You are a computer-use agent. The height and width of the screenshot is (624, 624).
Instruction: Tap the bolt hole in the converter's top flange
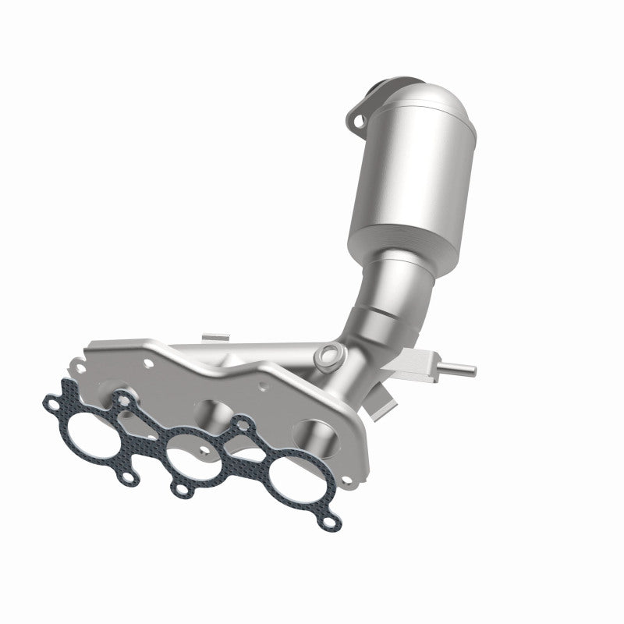[x=358, y=121]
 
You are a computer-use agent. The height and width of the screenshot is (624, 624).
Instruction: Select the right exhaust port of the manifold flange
[x=316, y=433]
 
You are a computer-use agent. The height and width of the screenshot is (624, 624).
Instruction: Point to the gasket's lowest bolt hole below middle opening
[x=182, y=490]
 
